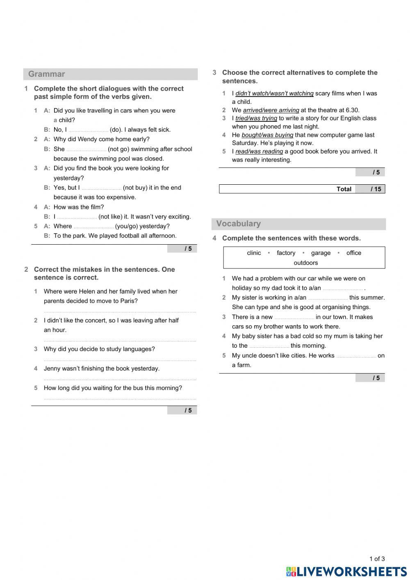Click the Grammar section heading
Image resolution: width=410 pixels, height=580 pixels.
point(47,74)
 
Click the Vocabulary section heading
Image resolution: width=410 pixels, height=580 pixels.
point(238,224)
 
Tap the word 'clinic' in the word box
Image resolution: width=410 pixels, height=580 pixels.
point(254,253)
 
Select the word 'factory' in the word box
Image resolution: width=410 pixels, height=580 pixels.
point(286,253)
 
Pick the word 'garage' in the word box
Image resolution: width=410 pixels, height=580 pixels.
point(321,253)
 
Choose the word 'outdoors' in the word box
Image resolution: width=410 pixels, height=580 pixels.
point(305,263)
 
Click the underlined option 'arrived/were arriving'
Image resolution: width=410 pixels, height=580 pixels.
point(271,110)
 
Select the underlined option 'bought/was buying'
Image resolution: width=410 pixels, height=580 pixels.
point(267,135)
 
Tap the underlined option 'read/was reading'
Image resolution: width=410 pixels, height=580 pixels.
point(259,151)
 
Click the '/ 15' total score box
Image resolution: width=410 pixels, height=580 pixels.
point(370,189)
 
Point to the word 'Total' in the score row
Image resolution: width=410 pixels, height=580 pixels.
point(344,189)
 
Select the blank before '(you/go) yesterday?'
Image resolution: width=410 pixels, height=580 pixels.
point(93,227)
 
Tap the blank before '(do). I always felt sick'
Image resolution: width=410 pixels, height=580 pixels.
point(88,130)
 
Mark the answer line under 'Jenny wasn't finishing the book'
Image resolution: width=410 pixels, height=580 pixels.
point(120,379)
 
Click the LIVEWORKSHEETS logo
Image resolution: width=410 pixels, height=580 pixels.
point(346,571)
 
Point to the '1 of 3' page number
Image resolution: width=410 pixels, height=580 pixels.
point(377,559)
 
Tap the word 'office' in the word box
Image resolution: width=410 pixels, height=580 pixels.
point(353,253)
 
